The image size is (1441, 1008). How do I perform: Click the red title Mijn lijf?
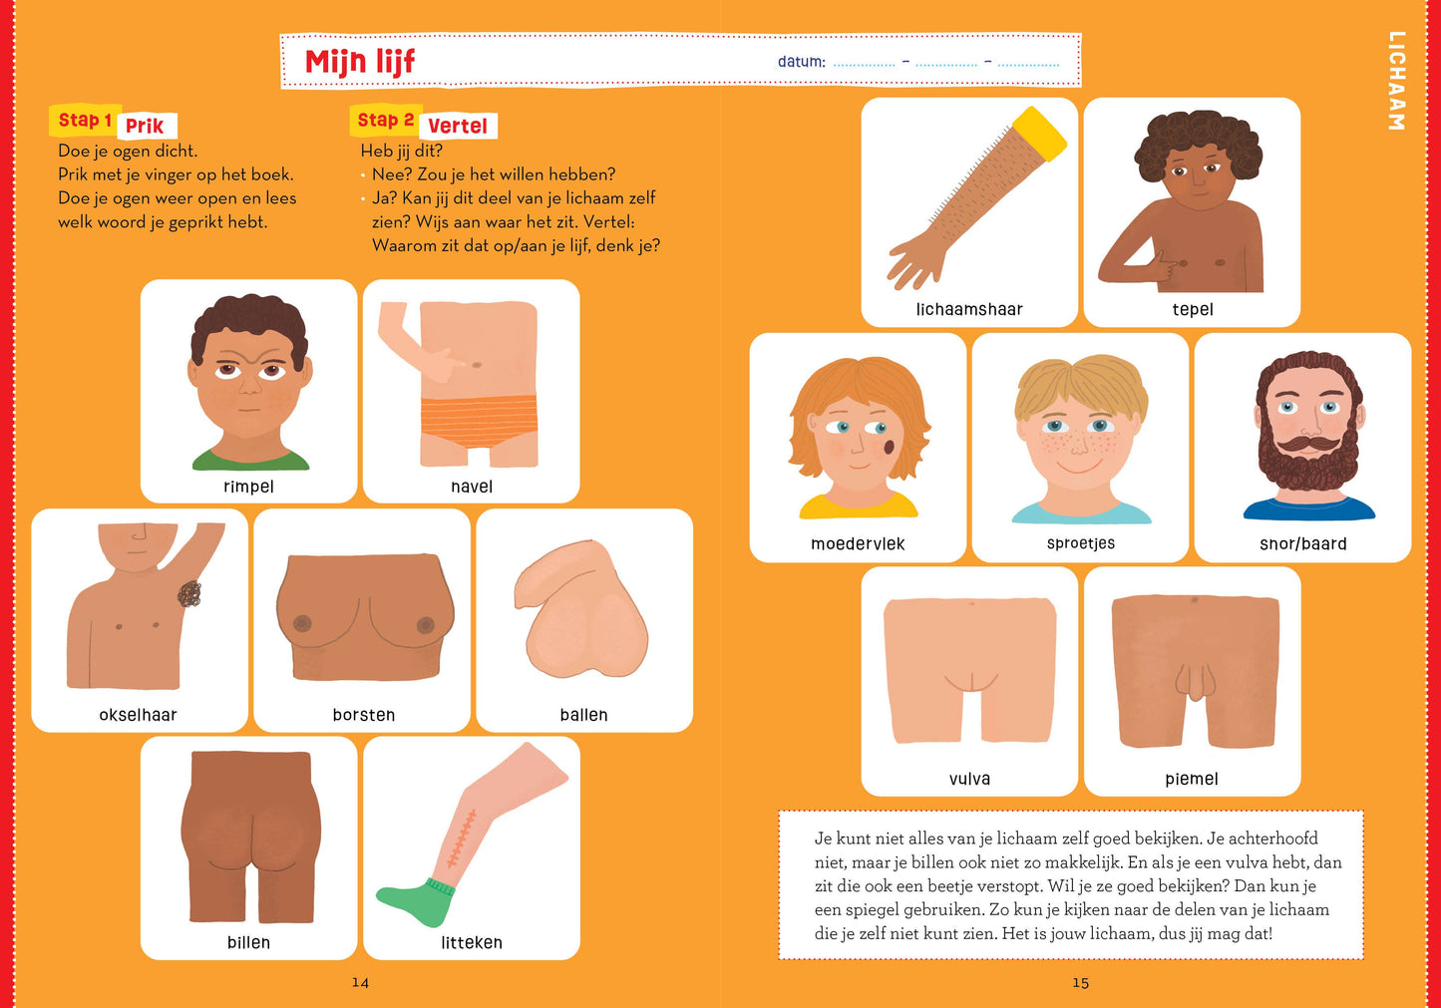[x=360, y=62]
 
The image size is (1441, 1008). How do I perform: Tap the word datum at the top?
[x=801, y=62]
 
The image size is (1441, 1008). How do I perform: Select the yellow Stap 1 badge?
[x=85, y=121]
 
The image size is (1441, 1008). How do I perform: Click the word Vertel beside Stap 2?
[x=458, y=126]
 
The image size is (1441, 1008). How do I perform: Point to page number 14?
[x=360, y=982]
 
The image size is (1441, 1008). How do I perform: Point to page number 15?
[x=1080, y=982]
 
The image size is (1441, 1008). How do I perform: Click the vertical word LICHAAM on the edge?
[x=1396, y=81]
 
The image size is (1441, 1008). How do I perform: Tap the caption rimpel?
[x=248, y=487]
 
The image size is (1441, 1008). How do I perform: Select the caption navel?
[x=472, y=487]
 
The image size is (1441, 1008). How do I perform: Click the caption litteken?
[x=472, y=942]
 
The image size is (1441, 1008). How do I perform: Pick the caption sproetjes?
[x=1081, y=543]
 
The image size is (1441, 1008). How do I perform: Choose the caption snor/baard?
[x=1302, y=544]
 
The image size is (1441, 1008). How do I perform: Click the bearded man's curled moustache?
[x=1309, y=444]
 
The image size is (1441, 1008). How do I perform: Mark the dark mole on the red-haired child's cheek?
[x=889, y=447]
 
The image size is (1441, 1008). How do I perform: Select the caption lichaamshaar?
[x=969, y=309]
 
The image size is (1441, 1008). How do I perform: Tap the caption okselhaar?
[x=138, y=715]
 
